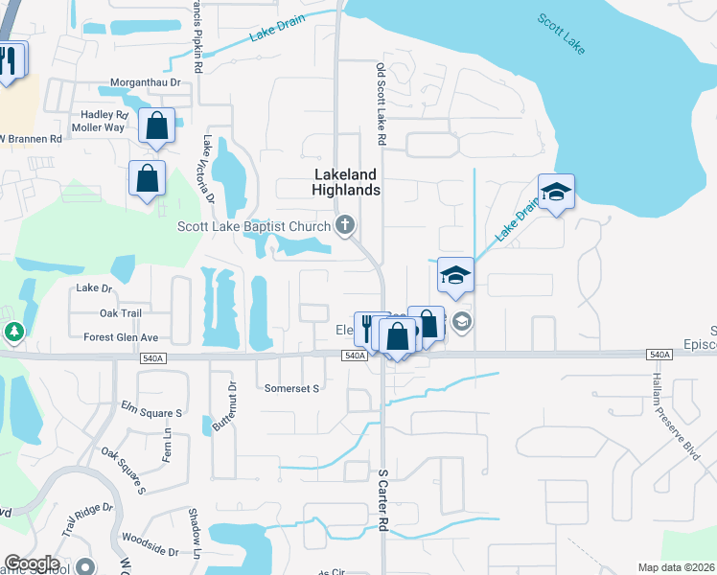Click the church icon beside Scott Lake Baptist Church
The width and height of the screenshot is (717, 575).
(345, 227)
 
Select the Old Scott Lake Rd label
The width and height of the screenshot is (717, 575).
(381, 104)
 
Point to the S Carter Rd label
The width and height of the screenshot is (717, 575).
(381, 499)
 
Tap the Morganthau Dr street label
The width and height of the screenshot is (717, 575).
(145, 83)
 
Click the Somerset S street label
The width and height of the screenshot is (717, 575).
(290, 388)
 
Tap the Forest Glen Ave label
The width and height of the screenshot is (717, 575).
(121, 337)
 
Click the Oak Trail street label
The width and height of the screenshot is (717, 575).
(121, 313)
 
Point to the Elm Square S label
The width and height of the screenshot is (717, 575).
(147, 413)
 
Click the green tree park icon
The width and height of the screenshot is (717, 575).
(13, 333)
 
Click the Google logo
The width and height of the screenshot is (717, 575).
(32, 563)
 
